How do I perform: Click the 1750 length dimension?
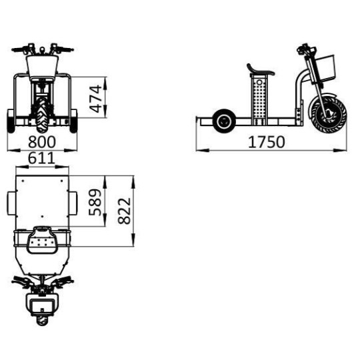click(x=267, y=142)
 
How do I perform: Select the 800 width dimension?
click(x=41, y=142)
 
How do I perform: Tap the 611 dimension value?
click(x=41, y=159)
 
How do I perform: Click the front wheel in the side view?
click(x=327, y=113)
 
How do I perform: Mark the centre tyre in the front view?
click(x=41, y=113)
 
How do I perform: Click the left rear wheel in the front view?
click(x=11, y=119)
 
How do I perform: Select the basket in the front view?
click(x=41, y=66)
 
